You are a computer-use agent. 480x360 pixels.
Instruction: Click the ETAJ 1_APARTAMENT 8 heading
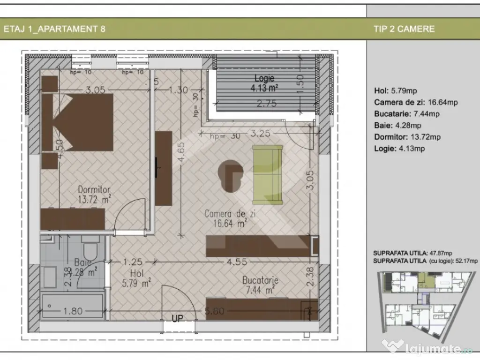(54, 29)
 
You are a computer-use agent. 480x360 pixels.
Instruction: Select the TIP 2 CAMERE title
(404, 29)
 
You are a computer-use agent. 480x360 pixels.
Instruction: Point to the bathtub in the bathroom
(72, 306)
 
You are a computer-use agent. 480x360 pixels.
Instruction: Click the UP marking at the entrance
(177, 319)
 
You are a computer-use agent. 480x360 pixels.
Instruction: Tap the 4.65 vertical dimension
(180, 157)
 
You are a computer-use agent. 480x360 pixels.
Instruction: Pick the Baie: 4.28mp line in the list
(397, 125)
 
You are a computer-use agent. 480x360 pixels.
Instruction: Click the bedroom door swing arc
(134, 209)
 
